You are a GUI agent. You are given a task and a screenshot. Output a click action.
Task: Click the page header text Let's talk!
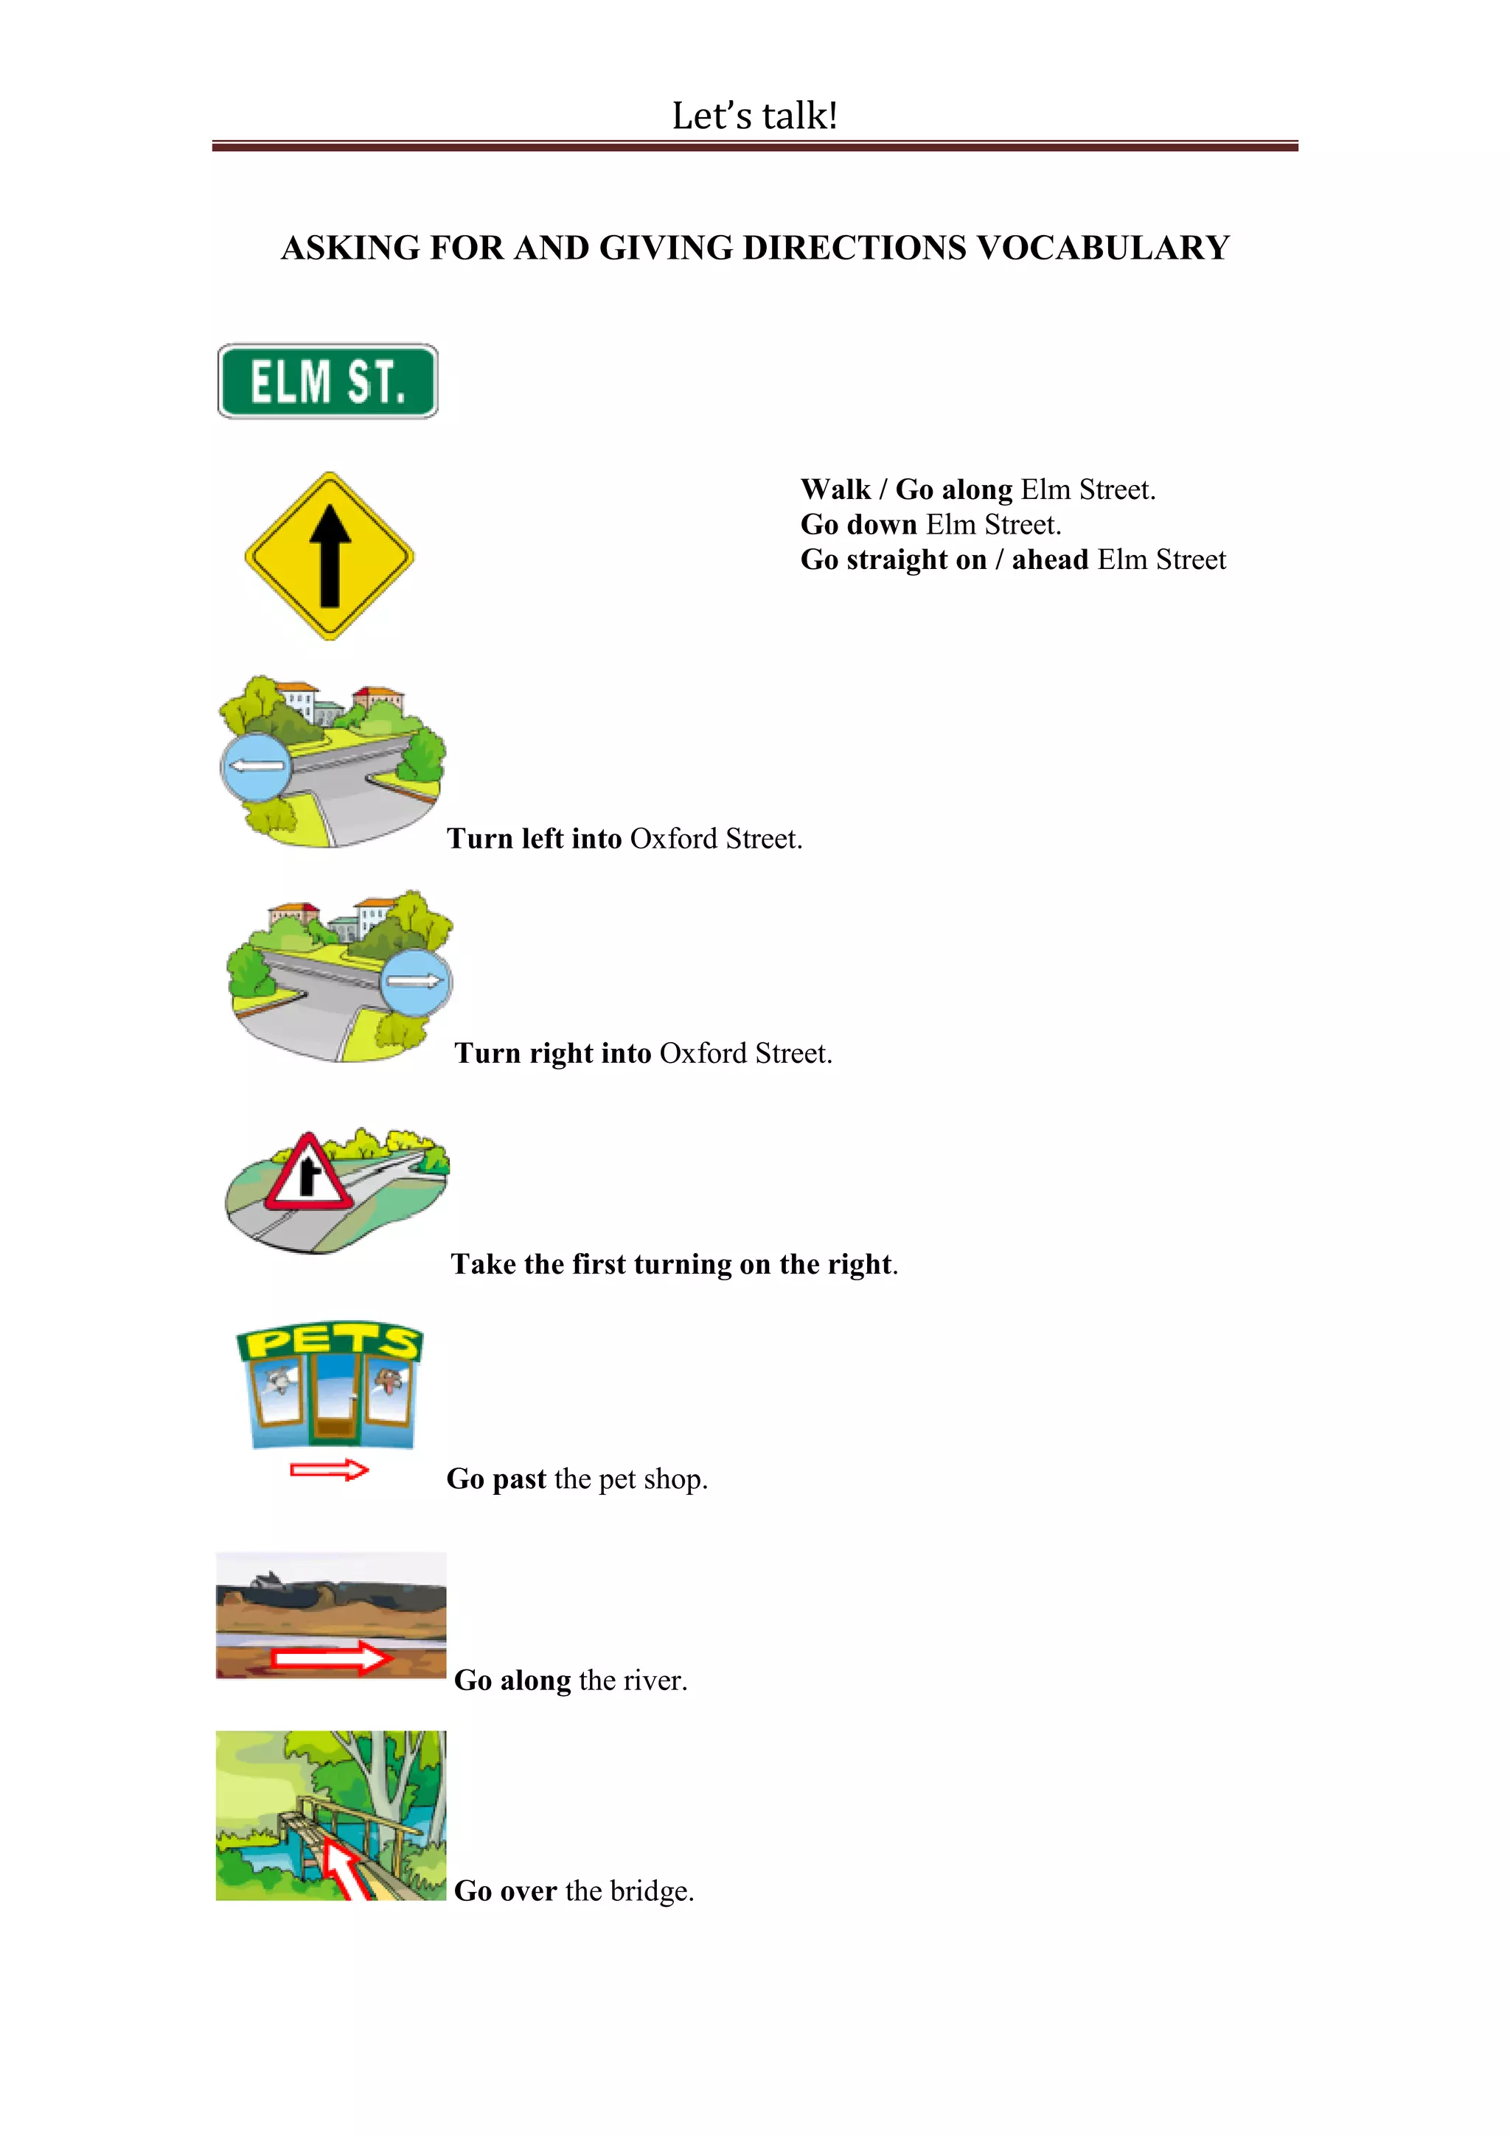point(754,116)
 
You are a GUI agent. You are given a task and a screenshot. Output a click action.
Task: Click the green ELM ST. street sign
point(327,382)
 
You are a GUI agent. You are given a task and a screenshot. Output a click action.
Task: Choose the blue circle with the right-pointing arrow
point(416,982)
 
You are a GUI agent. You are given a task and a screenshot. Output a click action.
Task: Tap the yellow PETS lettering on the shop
point(330,1342)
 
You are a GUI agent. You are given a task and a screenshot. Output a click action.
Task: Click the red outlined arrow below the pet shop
point(330,1470)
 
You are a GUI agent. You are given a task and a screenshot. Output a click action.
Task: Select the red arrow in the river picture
point(330,1658)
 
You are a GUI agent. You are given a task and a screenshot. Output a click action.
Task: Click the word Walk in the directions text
point(835,489)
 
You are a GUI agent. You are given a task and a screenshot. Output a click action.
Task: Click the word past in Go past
point(519,1479)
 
